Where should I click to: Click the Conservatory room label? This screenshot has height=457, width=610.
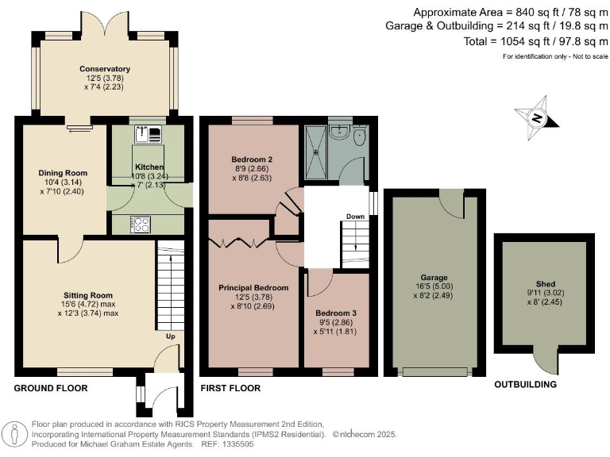[105, 69]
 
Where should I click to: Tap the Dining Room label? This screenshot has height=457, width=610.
[63, 173]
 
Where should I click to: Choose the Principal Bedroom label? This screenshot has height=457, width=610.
[253, 287]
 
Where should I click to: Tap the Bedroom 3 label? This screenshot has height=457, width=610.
[335, 313]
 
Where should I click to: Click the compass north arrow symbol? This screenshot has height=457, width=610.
[537, 118]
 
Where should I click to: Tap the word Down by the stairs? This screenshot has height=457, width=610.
[355, 216]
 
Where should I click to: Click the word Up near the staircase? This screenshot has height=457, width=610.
[168, 336]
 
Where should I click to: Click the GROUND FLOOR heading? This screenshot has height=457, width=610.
[51, 388]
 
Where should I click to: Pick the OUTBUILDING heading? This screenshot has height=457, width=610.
[525, 384]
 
